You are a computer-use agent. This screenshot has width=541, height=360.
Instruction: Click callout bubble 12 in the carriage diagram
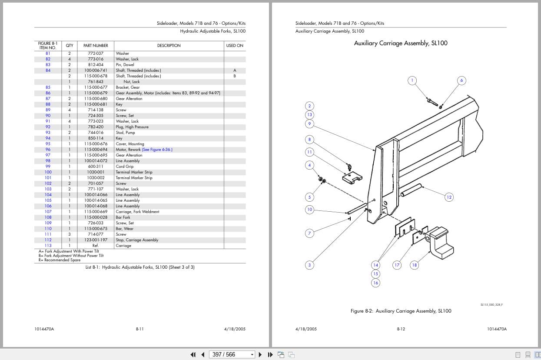[x=449, y=197]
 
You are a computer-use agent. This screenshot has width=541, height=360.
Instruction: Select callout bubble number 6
[x=461, y=80]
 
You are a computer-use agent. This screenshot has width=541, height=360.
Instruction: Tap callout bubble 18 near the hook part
[x=414, y=265]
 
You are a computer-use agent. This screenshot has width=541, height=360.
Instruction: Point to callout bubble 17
[x=397, y=265]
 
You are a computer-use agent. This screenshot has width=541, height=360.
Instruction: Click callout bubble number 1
[x=412, y=80]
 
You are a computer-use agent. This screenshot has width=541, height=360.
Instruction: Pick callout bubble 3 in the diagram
[x=309, y=265]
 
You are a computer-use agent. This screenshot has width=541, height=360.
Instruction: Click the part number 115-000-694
[x=96, y=150]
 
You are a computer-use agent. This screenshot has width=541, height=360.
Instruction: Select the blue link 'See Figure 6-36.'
[x=157, y=150]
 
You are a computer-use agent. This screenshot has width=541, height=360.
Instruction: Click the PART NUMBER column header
[x=96, y=46]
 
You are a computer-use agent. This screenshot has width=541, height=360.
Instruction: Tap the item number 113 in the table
[x=48, y=246]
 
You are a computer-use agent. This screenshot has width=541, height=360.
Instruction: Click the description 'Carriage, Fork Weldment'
[x=137, y=212]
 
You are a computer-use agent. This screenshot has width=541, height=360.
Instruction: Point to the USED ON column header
[x=235, y=46]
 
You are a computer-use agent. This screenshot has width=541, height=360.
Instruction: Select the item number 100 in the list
[x=48, y=172]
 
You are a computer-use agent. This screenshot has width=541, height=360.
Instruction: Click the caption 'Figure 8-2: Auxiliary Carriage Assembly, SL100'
[x=401, y=311]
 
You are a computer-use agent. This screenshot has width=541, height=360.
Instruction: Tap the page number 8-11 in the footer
[x=139, y=329]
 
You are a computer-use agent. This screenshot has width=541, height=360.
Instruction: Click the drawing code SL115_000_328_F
[x=491, y=305]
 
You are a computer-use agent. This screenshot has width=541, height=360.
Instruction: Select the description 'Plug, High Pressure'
[x=132, y=127]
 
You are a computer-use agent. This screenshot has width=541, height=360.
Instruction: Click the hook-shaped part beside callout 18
[x=440, y=246]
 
